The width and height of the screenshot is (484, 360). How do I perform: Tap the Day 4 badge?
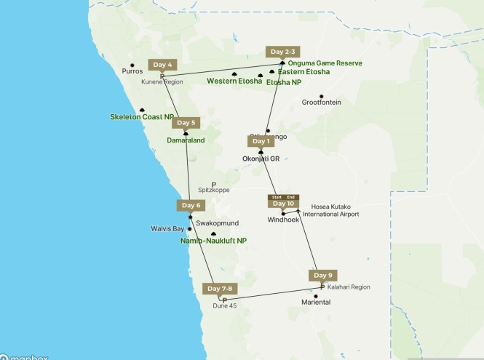tap(162, 65)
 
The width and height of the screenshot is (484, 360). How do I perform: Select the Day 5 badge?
tap(186, 123)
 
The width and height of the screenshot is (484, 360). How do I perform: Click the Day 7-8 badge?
tap(220, 289)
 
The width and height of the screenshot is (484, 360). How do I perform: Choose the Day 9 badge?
tap(322, 275)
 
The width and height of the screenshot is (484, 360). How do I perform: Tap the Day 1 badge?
tap(261, 141)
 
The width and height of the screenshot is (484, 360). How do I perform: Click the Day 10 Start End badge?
tap(283, 201)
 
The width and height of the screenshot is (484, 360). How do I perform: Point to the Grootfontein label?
tap(321, 103)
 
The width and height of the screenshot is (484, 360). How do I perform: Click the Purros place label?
tap(132, 71)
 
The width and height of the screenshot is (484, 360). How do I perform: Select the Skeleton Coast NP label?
tap(142, 117)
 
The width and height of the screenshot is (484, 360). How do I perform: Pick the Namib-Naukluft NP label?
tap(213, 240)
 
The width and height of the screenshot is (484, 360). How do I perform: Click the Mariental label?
tap(316, 302)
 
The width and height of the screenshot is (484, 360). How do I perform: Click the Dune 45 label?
tap(225, 306)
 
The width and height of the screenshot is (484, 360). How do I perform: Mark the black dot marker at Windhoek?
tap(283, 214)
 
